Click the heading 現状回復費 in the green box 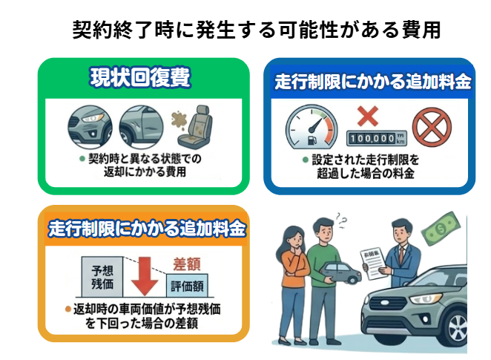(140, 77)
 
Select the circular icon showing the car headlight (90, 127)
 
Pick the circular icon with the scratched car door (141, 127)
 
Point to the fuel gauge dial (312, 127)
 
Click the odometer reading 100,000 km (376, 138)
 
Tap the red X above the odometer (368, 117)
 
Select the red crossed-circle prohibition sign (432, 128)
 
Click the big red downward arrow (145, 276)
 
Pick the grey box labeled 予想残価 (102, 277)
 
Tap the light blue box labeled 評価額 (187, 286)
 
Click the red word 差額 (187, 264)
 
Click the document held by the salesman (375, 264)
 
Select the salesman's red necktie (401, 255)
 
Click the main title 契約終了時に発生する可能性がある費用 (257, 30)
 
